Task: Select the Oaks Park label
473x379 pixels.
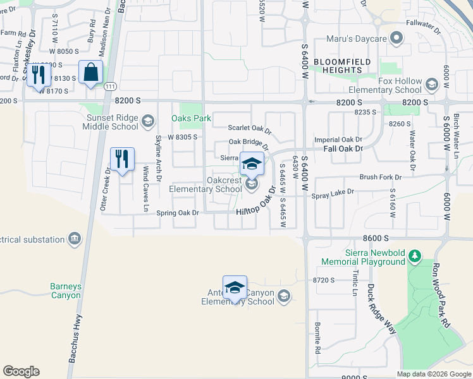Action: (x=191, y=118)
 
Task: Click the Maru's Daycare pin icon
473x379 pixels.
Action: (x=396, y=39)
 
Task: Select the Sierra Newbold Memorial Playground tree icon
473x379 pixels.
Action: (x=414, y=256)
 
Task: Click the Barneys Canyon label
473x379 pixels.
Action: (x=66, y=291)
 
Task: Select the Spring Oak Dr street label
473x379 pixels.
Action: (x=178, y=213)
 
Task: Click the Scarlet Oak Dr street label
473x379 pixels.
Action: (x=250, y=129)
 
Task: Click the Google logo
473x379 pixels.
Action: (x=21, y=371)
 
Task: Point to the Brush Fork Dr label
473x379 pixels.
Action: (x=381, y=177)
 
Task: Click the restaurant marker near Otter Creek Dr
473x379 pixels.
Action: (x=122, y=159)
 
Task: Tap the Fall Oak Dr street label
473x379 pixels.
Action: (x=343, y=148)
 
